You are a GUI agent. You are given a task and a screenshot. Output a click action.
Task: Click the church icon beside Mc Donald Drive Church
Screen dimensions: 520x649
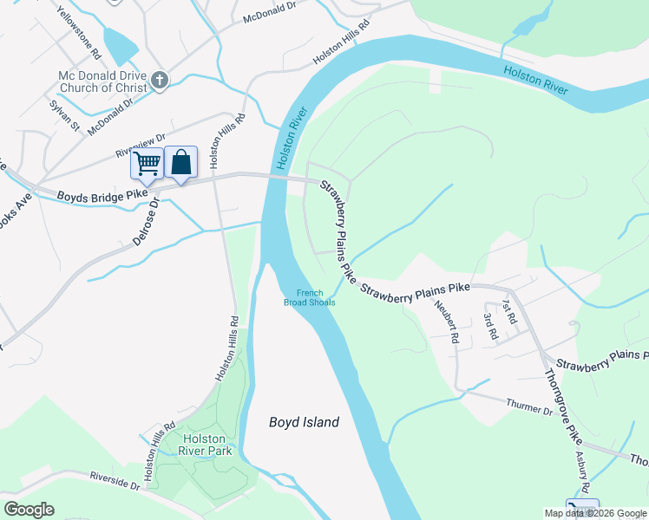click(x=159, y=81)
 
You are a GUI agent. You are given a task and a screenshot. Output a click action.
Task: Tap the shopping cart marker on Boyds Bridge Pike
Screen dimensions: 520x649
click(x=147, y=162)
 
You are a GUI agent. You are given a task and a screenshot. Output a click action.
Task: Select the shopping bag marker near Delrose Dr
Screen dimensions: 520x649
click(x=180, y=162)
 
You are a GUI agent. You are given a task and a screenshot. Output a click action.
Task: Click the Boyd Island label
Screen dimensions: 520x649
click(x=303, y=422)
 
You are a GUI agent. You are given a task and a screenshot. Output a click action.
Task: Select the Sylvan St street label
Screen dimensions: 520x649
click(x=63, y=115)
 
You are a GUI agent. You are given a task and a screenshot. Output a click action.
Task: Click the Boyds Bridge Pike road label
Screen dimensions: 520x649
click(x=102, y=195)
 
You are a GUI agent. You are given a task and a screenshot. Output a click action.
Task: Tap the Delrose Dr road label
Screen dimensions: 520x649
click(x=145, y=224)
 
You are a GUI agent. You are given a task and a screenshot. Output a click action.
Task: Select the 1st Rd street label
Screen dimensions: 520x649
click(x=508, y=312)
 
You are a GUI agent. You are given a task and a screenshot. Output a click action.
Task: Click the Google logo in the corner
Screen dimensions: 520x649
click(x=29, y=509)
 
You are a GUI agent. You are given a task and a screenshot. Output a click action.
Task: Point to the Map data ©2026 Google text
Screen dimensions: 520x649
click(x=595, y=513)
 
